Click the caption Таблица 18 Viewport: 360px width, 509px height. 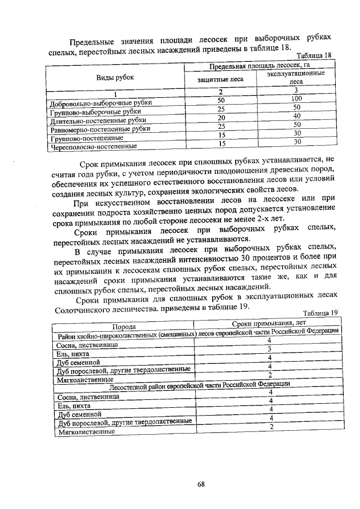point(314,56)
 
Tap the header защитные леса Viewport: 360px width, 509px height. point(220,79)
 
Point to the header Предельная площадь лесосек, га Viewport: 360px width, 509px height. point(260,67)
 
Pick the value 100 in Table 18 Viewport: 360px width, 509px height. point(296,99)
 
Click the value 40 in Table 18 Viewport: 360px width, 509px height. point(296,116)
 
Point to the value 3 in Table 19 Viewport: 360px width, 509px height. point(270,349)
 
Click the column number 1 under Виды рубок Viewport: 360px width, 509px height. point(115,94)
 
